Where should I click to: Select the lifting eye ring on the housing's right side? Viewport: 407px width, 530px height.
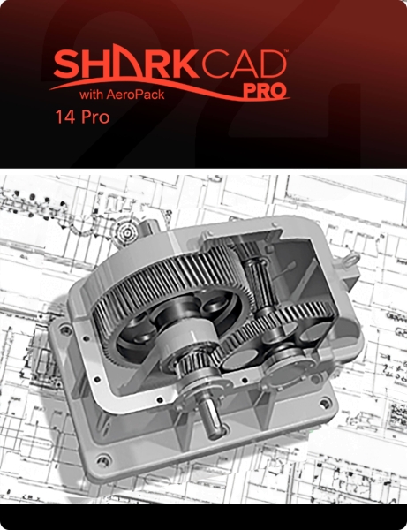click(350, 261)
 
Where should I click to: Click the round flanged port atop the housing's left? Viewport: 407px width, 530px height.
click(130, 231)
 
